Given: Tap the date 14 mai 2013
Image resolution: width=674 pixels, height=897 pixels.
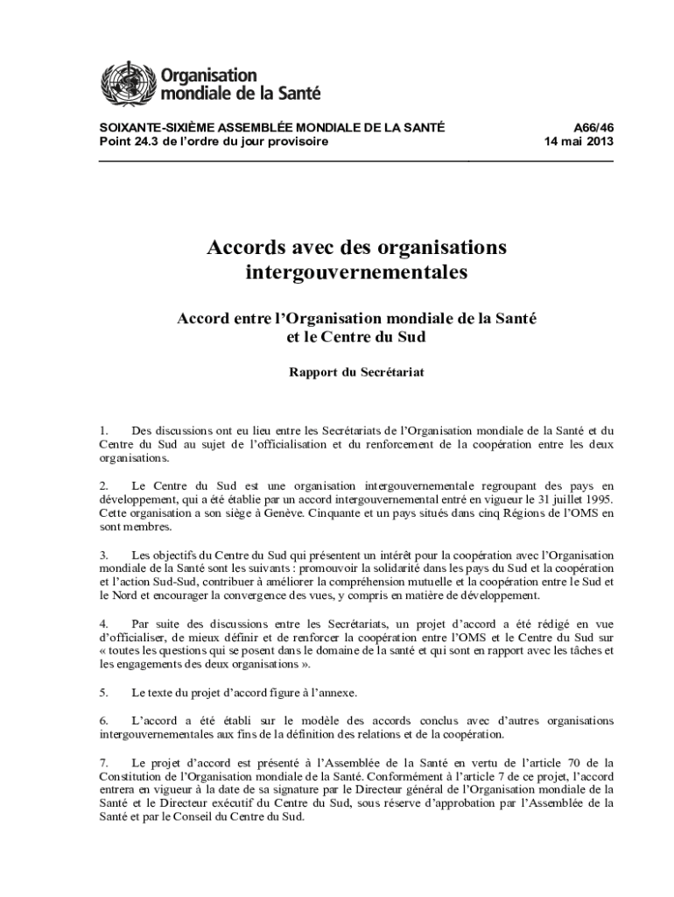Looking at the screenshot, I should coord(579,142).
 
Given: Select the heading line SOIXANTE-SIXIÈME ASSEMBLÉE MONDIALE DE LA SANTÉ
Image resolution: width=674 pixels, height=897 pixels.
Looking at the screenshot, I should coord(272,128).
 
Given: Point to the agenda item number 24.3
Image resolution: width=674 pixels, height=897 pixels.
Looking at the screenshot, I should coord(146,142).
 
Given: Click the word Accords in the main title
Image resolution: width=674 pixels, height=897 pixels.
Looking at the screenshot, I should coord(247,248).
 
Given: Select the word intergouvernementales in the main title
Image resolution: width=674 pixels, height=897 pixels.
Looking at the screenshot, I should coord(356,272).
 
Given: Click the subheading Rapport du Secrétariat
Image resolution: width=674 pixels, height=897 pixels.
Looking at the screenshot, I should coord(356,371).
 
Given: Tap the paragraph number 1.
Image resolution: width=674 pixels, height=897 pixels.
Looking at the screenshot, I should coord(103,430).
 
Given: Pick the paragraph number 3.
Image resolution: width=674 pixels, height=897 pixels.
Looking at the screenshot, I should coord(103,555).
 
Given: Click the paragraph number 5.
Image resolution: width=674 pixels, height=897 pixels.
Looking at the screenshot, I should coord(103,692).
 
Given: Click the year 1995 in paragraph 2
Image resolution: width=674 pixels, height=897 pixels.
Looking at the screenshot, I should coord(596,499).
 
